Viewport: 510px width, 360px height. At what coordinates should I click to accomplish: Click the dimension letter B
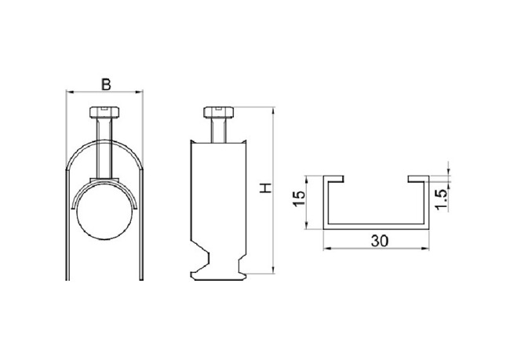(x=106, y=84)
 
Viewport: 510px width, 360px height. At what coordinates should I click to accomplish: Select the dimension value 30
(x=380, y=241)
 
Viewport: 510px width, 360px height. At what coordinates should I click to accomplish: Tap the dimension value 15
(x=299, y=198)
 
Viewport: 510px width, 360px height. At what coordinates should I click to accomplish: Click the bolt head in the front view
(x=104, y=112)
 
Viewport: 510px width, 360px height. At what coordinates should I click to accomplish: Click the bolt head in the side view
(x=219, y=112)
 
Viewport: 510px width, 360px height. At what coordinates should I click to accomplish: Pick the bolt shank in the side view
(x=218, y=130)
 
